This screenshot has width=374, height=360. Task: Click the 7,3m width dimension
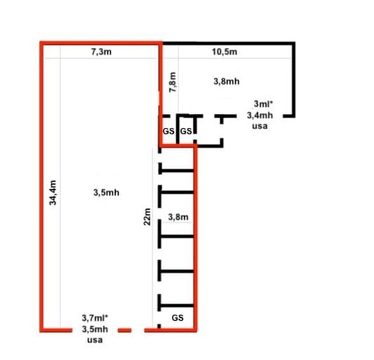pyautogui.click(x=102, y=52)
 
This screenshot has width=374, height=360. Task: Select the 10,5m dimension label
pyautogui.click(x=224, y=52)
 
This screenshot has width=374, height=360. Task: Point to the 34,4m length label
pyautogui.click(x=52, y=192)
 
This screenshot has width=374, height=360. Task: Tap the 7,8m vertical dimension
pyautogui.click(x=173, y=82)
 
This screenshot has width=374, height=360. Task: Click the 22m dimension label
pyautogui.click(x=147, y=217)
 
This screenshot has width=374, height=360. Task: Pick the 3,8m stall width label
pyautogui.click(x=178, y=217)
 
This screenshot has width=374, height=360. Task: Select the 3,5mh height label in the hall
pyautogui.click(x=106, y=192)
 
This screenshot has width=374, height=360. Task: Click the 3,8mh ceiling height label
pyautogui.click(x=226, y=82)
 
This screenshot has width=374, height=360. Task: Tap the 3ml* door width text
pyautogui.click(x=263, y=104)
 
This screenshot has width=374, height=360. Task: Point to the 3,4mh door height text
pyautogui.click(x=260, y=116)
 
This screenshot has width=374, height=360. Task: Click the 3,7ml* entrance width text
pyautogui.click(x=95, y=318)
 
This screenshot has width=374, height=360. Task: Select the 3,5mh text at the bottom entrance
pyautogui.click(x=95, y=329)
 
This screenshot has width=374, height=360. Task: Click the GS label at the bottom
pyautogui.click(x=178, y=318)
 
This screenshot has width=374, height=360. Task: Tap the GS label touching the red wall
pyautogui.click(x=168, y=131)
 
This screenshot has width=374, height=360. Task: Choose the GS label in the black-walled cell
pyautogui.click(x=186, y=131)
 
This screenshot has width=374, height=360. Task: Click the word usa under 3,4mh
pyautogui.click(x=260, y=126)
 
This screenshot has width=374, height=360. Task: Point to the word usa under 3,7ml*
pyautogui.click(x=95, y=340)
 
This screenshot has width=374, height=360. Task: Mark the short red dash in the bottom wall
pyautogui.click(x=125, y=331)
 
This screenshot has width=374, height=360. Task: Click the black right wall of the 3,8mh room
pyautogui.click(x=293, y=80)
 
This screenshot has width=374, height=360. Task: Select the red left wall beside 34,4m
pyautogui.click(x=42, y=187)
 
